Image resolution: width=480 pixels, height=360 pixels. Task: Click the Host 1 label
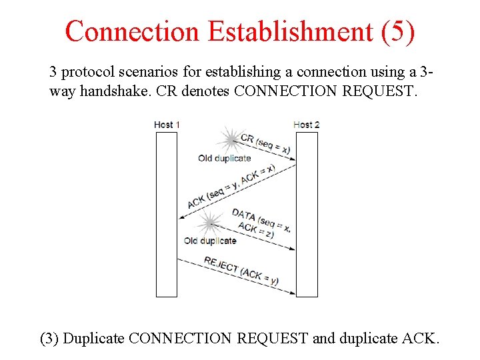[167, 125]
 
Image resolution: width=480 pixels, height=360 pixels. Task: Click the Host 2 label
[307, 125]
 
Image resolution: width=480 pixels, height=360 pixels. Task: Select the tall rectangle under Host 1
[167, 214]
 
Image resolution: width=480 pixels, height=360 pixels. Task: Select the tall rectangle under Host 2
[307, 214]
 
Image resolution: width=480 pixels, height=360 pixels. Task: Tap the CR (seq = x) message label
[265, 144]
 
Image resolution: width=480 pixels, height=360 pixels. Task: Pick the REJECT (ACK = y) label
[241, 271]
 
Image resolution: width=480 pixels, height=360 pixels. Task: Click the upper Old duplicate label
[225, 159]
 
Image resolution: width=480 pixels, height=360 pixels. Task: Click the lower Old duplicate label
[210, 241]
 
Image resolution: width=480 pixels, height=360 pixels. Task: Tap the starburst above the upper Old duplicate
[231, 140]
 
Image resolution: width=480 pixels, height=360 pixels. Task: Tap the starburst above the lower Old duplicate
[210, 223]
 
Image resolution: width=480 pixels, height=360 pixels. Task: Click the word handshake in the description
[112, 91]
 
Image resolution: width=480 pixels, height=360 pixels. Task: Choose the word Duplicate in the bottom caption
[93, 338]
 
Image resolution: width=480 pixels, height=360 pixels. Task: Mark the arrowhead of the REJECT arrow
[293, 292]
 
